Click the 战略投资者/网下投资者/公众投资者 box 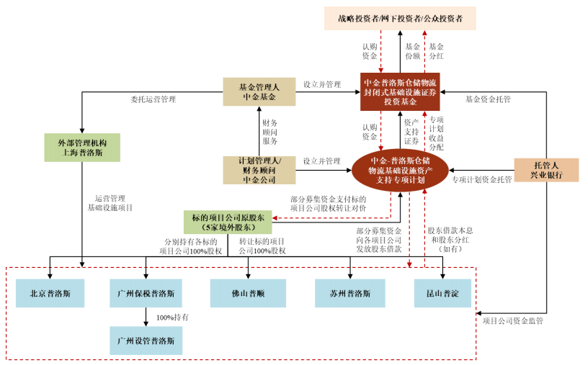point(400,19)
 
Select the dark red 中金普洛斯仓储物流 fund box point(400,92)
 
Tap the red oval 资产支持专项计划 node point(400,170)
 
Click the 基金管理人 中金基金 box point(259,92)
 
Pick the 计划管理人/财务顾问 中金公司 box point(259,170)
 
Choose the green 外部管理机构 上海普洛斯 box point(82,148)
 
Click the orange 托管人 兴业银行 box point(546,170)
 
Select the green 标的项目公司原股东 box point(228,222)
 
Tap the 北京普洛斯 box point(50,294)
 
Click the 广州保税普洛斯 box point(146,294)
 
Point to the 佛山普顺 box point(248,294)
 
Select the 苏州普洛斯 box point(350,294)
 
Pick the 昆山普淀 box point(442,294)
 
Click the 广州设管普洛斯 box point(146,341)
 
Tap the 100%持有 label point(172,317)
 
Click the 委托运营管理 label point(153,99)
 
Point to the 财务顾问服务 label point(270,132)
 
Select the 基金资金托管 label point(488,99)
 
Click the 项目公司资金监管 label point(512,321)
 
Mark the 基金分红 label point(436,51)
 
